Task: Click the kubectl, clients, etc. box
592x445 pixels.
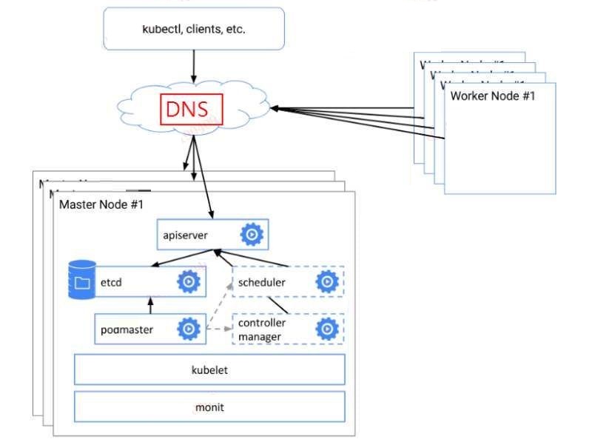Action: point(193,30)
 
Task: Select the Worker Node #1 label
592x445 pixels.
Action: point(492,96)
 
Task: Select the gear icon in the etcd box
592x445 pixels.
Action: point(189,281)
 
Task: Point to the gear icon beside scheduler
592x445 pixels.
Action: point(326,282)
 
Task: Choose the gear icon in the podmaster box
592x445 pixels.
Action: point(189,329)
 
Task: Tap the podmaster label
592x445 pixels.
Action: point(127,329)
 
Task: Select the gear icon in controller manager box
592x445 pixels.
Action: point(326,329)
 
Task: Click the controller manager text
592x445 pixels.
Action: point(262,329)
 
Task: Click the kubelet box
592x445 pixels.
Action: point(209,369)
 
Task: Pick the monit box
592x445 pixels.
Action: point(209,406)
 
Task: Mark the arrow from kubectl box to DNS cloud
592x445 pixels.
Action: point(194,68)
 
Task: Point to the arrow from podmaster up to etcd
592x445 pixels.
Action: point(150,305)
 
